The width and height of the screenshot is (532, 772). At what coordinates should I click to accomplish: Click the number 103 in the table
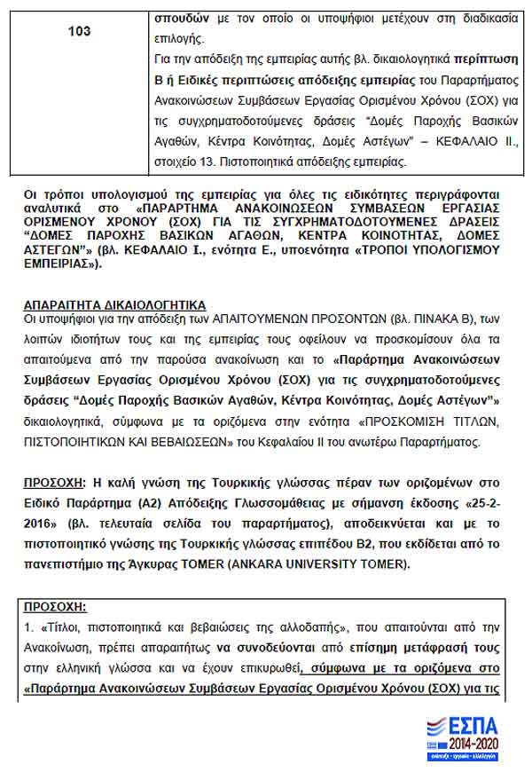[79, 31]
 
